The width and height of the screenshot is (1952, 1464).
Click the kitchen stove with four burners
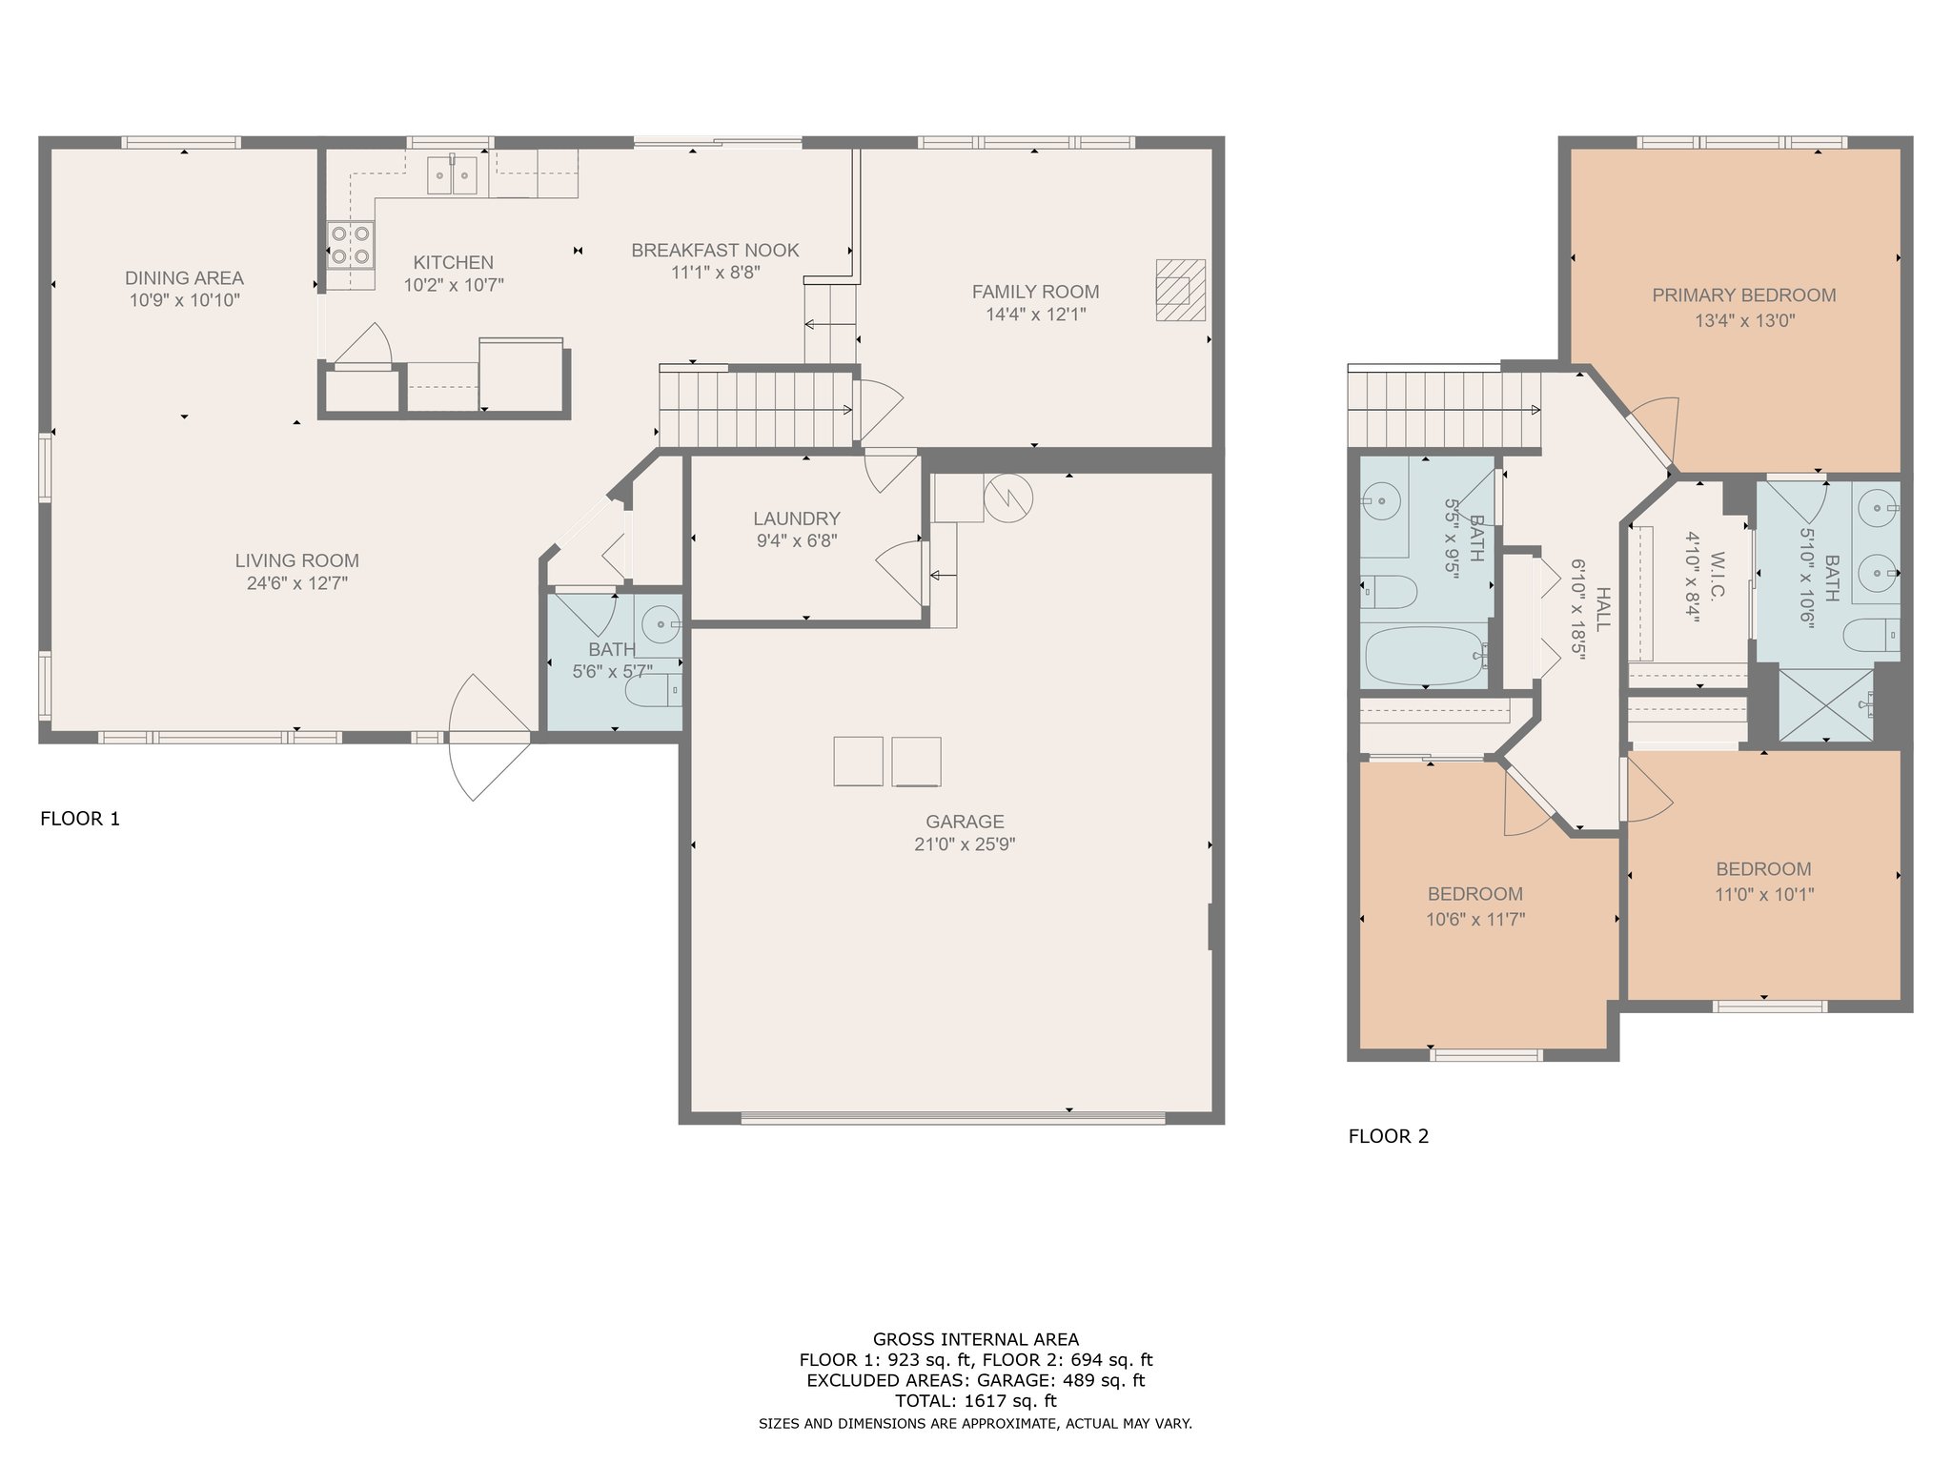pyautogui.click(x=350, y=244)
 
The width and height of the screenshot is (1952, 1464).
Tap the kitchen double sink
pyautogui.click(x=452, y=175)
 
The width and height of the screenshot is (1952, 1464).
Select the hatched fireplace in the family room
pyautogui.click(x=1180, y=290)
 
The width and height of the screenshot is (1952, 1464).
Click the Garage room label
pyautogui.click(x=965, y=822)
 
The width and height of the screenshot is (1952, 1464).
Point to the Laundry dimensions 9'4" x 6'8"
pyautogui.click(x=797, y=541)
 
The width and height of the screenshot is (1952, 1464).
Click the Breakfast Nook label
pyautogui.click(x=715, y=251)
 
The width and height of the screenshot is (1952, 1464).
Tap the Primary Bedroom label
pyautogui.click(x=1744, y=295)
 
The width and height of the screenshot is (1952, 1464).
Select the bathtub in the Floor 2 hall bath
pyautogui.click(x=1425, y=655)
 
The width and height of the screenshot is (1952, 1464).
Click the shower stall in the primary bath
pyautogui.click(x=1826, y=705)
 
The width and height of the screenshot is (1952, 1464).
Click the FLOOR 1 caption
pyautogui.click(x=80, y=819)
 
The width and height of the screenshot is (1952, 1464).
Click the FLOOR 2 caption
pyautogui.click(x=1389, y=1136)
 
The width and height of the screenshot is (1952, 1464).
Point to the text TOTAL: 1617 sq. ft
pyautogui.click(x=975, y=1401)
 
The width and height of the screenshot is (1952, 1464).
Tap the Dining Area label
pyautogui.click(x=184, y=278)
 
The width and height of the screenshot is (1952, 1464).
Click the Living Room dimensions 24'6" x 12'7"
pyautogui.click(x=297, y=583)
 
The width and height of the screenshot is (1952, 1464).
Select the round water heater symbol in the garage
pyautogui.click(x=1008, y=498)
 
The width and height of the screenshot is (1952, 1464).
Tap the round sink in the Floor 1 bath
pyautogui.click(x=661, y=625)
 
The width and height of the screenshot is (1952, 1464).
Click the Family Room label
pyautogui.click(x=1035, y=292)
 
